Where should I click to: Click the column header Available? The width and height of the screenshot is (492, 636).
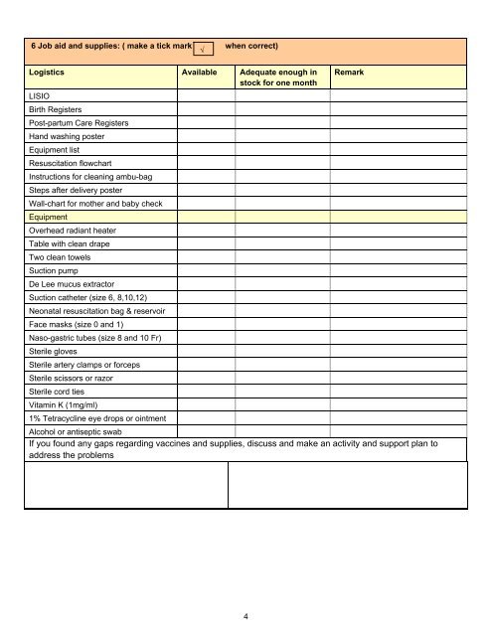(199, 74)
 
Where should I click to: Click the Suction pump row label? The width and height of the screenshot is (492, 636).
(57, 269)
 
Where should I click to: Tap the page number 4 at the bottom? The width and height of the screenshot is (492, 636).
(246, 617)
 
